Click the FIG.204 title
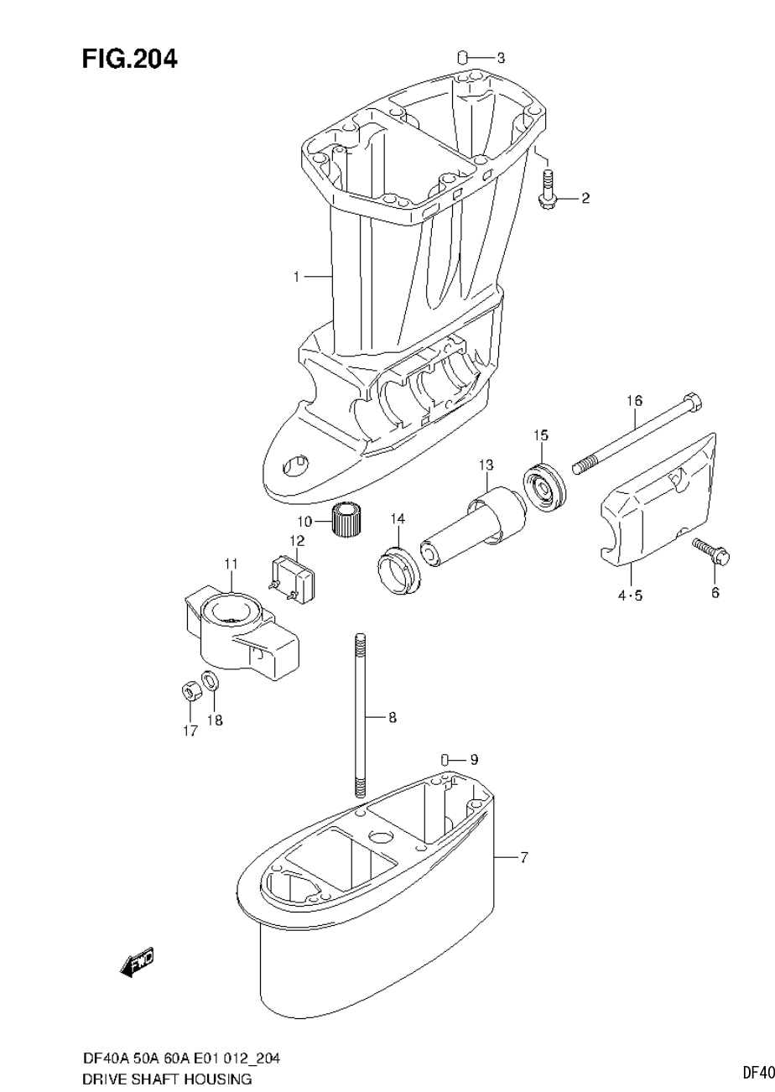click(x=129, y=60)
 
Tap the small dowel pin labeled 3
click(x=461, y=57)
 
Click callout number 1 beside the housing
click(x=296, y=276)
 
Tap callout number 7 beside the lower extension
click(x=523, y=857)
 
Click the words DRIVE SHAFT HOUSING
click(x=167, y=1078)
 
